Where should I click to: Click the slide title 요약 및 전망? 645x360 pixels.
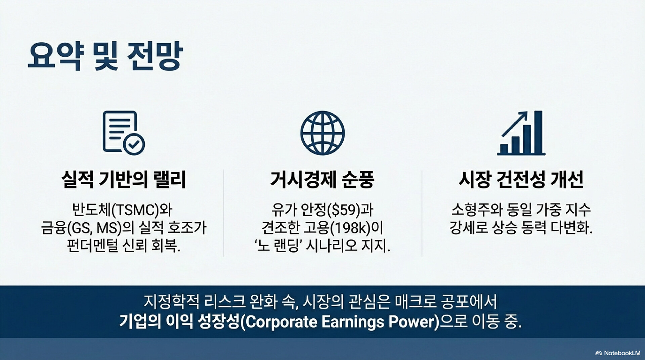(x=105, y=56)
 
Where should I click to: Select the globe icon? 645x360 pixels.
(x=322, y=133)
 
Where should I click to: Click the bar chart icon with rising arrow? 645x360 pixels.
(x=521, y=133)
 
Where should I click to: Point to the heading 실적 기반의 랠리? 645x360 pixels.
(x=124, y=180)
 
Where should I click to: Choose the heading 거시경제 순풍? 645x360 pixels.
(x=322, y=180)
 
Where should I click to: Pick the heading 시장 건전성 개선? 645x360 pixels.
(x=521, y=180)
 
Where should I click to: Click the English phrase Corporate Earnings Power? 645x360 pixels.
(x=340, y=322)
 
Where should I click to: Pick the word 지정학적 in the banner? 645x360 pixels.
(x=171, y=302)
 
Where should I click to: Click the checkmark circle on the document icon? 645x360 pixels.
(x=134, y=144)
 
